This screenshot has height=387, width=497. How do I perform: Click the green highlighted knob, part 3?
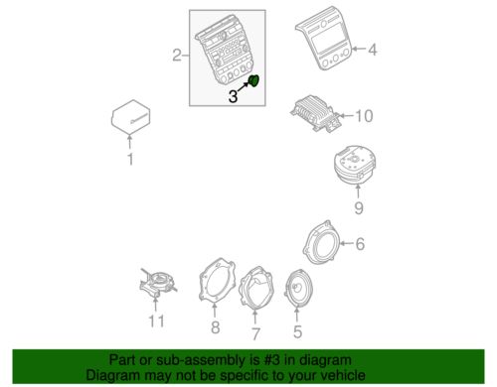(254, 80)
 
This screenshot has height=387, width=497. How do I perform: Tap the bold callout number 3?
(234, 96)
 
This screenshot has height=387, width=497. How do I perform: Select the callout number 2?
(177, 55)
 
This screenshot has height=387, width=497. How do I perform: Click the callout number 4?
(373, 50)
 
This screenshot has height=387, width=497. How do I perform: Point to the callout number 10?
(364, 116)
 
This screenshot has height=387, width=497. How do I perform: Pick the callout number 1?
(130, 159)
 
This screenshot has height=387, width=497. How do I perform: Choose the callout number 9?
(359, 208)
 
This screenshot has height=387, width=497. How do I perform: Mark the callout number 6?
(360, 244)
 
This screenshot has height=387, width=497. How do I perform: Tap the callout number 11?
(156, 321)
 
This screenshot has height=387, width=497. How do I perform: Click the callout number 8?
(216, 327)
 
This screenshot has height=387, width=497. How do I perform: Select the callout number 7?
(255, 333)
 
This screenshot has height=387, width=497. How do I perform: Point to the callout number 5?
(297, 331)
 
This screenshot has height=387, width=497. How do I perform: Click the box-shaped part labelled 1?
(130, 117)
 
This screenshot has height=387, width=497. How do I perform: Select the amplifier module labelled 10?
(316, 113)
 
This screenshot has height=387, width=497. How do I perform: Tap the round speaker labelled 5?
(298, 288)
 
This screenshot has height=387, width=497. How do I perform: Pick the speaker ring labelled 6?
(321, 243)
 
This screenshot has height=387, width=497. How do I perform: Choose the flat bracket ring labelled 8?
(217, 281)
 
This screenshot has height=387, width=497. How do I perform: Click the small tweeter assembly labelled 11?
(158, 283)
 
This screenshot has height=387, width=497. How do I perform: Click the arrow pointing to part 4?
(359, 49)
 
